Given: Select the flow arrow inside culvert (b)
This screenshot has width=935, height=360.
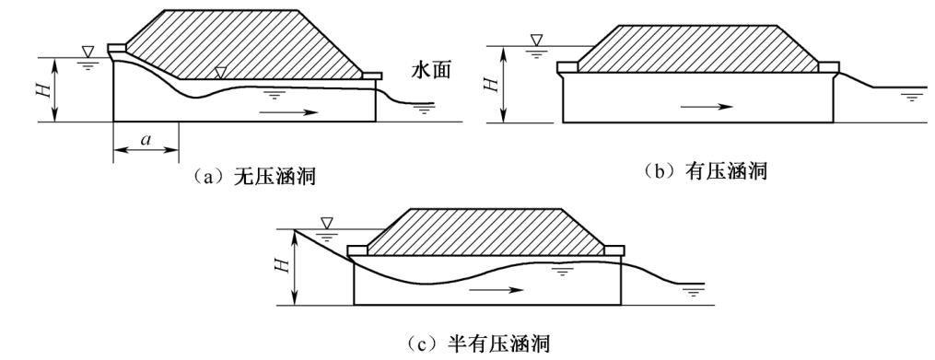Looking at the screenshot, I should (707, 106).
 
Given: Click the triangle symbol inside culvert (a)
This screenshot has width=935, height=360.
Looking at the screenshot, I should (219, 72).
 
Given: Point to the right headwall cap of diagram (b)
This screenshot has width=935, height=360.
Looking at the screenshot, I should (828, 67).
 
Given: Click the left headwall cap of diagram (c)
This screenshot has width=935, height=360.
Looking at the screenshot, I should (358, 249).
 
